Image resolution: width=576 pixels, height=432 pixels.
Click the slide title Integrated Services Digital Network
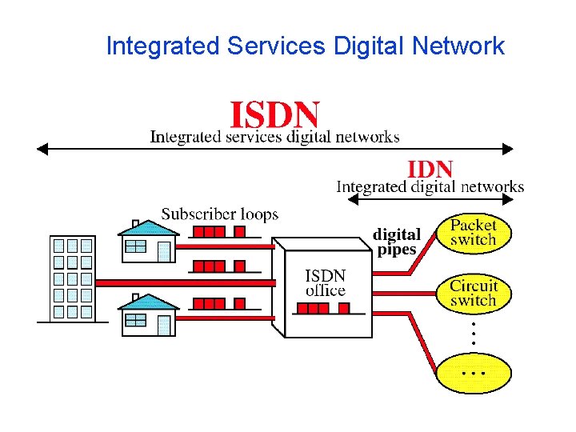click(305, 46)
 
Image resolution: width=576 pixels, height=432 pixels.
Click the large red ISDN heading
click(275, 114)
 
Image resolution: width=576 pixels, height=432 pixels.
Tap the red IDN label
click(430, 170)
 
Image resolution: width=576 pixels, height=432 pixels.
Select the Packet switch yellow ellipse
click(473, 232)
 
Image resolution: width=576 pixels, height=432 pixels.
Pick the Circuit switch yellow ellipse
click(473, 293)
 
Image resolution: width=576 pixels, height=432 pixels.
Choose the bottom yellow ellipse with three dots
click(473, 372)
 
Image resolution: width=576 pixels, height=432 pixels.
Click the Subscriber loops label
click(220, 214)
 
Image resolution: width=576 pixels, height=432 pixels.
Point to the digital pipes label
click(397, 242)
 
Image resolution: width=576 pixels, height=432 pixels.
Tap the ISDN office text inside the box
click(326, 282)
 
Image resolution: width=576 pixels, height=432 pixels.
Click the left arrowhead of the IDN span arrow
click(349, 200)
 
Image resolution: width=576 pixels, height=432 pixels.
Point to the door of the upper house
click(164, 251)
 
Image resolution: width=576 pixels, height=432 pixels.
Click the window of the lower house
click(136, 320)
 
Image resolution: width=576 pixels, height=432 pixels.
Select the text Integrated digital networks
click(430, 187)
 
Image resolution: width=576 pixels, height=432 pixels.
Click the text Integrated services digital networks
click(275, 137)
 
